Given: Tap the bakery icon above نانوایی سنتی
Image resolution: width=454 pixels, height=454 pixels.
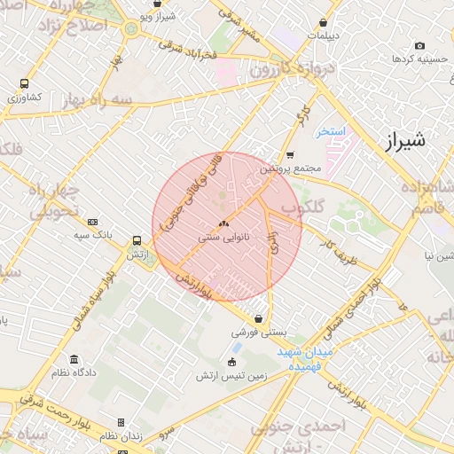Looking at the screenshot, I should pos(223,224).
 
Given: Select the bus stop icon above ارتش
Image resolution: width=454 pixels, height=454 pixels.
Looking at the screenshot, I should pos(137,240).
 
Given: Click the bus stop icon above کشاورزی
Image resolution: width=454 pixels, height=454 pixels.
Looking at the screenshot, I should pos(24,83).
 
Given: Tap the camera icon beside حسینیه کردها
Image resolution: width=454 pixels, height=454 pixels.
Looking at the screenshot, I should pos(419,45).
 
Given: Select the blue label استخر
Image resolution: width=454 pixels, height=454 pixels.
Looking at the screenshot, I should pos(331,131).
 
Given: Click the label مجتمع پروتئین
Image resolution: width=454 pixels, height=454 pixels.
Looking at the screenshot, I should pos(288,168).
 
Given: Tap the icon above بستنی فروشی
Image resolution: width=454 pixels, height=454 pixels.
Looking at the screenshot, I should pos(258,318).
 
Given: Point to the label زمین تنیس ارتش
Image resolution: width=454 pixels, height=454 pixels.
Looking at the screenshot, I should pos(231,376).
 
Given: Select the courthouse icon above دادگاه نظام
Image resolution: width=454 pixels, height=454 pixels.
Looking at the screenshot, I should pos(74,360).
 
